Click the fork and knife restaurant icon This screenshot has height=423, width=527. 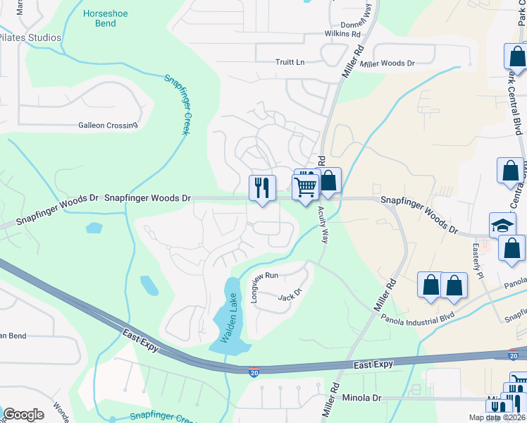pos(262,188)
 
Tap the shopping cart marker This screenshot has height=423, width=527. pos(306,188)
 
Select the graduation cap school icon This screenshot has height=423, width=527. pos(502,226)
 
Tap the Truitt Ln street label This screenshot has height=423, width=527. pos(290,62)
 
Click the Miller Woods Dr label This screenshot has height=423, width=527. pos(387,63)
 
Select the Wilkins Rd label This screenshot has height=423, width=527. pos(342,33)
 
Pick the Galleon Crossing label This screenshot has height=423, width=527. pos(107,125)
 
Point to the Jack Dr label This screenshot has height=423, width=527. pos(290,295)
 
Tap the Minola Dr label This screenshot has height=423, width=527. pos(361,398)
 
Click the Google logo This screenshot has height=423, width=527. pos(23,415)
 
